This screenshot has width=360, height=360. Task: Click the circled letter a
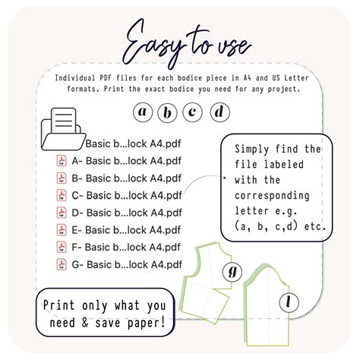coord(143,112)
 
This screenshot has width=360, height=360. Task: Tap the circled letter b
coord(167,112)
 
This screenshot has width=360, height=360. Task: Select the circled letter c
coord(192,112)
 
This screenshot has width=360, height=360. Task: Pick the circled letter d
coord(219,112)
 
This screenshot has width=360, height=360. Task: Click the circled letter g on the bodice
coord(232,272)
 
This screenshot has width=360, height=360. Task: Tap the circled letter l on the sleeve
coord(289,302)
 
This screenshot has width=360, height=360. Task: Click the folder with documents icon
coord(63,129)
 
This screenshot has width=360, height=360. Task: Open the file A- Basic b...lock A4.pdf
coord(127,161)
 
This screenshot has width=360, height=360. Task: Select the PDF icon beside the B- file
coord(62,178)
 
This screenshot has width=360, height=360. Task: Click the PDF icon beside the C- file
coord(62,195)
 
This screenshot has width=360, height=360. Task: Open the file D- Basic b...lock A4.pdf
coord(127,213)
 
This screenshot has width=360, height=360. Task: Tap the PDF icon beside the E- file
coord(62,230)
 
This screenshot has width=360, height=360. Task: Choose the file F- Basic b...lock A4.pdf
coord(126,247)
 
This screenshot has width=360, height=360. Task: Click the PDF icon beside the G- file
coord(62,264)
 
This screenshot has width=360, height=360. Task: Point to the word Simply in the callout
coord(251,150)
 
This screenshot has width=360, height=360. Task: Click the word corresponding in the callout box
coord(272,196)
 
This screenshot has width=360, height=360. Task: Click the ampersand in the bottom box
coord(85,323)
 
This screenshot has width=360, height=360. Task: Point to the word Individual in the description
coord(75,77)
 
